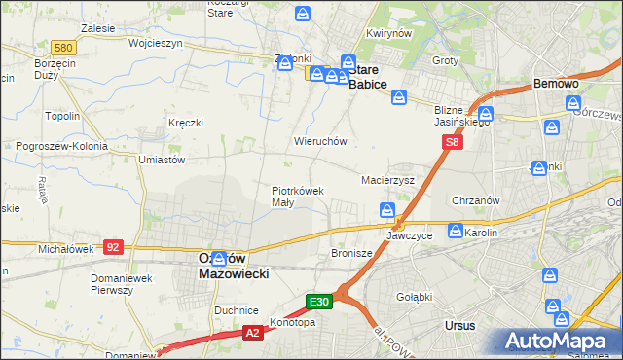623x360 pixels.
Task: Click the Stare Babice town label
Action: coord(369,77)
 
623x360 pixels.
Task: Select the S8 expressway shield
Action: coord(452,142)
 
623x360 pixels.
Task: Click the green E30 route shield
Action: coord(321,303)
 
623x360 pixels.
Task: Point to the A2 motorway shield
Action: coord(252,333)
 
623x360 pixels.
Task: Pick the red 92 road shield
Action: coord(114,247)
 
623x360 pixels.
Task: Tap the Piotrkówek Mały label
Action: coord(296,197)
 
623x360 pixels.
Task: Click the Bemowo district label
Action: coord(556,85)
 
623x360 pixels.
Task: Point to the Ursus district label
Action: coord(458,325)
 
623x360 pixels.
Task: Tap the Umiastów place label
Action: coord(162,159)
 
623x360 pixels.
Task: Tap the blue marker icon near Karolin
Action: coord(455,231)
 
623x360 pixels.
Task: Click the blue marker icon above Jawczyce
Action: coord(387,210)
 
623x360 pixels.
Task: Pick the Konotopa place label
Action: coord(289,323)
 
